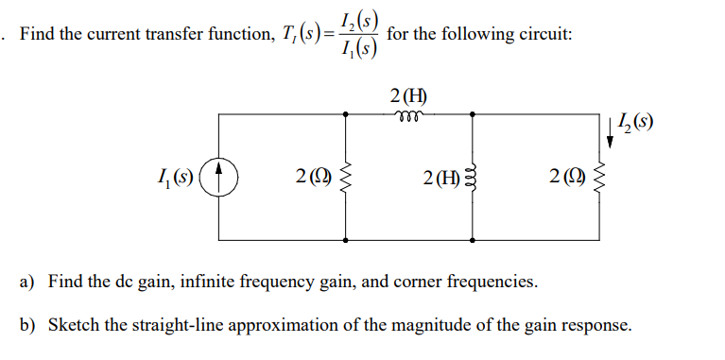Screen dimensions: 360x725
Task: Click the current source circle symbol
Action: (220, 176)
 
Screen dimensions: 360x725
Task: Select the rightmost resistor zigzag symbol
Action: (597, 176)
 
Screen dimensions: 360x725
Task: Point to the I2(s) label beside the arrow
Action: (632, 122)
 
